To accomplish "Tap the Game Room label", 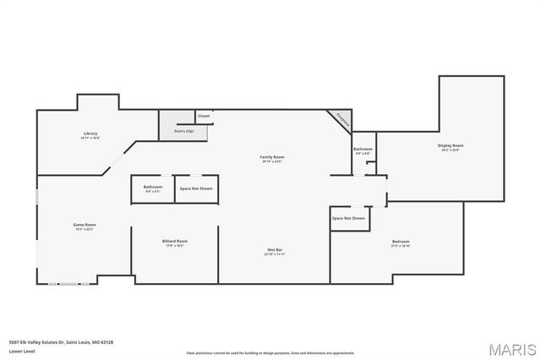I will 85,224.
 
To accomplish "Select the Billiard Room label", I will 175,241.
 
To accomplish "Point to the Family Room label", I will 271,157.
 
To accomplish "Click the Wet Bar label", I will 276,249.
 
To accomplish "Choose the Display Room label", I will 451,145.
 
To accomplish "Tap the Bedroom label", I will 401,242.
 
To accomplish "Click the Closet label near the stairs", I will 204,116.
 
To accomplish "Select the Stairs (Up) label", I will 184,131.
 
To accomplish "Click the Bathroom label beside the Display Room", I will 363,149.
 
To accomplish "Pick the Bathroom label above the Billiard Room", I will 153,187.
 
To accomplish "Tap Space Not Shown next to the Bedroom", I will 348,218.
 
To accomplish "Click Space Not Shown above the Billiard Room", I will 196,188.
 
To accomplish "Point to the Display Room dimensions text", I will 451,150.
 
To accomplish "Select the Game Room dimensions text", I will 85,229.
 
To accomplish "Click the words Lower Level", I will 21,351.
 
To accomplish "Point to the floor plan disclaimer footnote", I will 270,352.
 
